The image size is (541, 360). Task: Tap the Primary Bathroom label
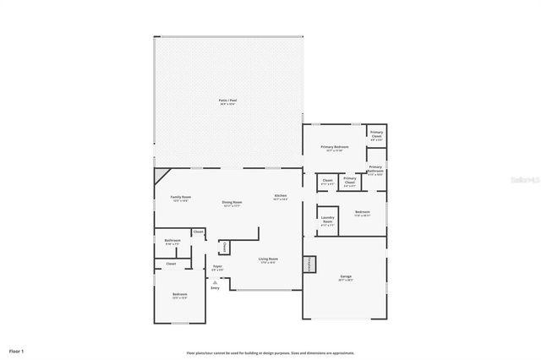[375, 168]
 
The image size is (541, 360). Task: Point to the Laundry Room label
[328, 221]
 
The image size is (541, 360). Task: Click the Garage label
[345, 276]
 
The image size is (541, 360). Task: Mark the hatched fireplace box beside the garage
[310, 264]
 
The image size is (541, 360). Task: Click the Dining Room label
[232, 203]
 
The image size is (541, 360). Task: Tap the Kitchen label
[281, 197]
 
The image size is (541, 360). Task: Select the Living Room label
[267, 259]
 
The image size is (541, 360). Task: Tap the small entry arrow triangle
[216, 282]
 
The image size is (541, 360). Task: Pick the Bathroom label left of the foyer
[172, 241]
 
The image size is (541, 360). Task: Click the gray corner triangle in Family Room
[159, 175]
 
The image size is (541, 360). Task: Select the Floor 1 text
[17, 350]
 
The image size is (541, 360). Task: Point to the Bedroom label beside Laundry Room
[362, 212]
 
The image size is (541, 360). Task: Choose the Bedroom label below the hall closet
[179, 295]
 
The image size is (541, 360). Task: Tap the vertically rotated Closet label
[224, 247]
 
